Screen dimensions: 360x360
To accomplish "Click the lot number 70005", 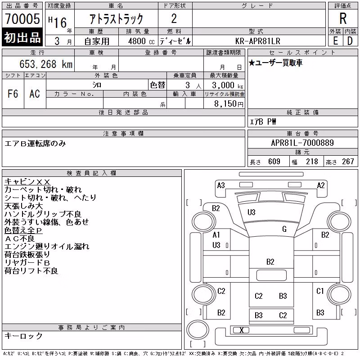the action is click(22, 19).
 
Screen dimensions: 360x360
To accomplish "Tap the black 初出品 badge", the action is click(22, 37).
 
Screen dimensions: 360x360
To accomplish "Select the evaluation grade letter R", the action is click(343, 18).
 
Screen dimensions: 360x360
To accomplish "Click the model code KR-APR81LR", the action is click(257, 41).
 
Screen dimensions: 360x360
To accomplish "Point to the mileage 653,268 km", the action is click(46, 64).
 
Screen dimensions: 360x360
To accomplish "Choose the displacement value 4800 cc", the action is click(141, 41).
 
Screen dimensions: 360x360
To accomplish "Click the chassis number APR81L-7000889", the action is click(302, 143).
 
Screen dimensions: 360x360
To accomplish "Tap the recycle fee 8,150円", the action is click(229, 104).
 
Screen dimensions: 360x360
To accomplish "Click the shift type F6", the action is click(13, 94).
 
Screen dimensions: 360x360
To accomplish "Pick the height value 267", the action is click(348, 162).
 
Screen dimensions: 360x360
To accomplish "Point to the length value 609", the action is click(274, 162).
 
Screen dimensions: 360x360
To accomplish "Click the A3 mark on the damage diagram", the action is click(221, 185).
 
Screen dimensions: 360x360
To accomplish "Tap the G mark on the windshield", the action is click(284, 229).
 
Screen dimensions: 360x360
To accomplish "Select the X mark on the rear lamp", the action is click(241, 330).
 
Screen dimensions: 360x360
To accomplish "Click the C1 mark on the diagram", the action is click(320, 291).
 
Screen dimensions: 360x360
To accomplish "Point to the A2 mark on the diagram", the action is click(321, 185).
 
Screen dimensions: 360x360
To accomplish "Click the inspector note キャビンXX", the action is click(27, 182).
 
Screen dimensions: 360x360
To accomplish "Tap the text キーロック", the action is click(24, 336).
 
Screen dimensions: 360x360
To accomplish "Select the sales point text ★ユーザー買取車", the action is click(275, 63).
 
